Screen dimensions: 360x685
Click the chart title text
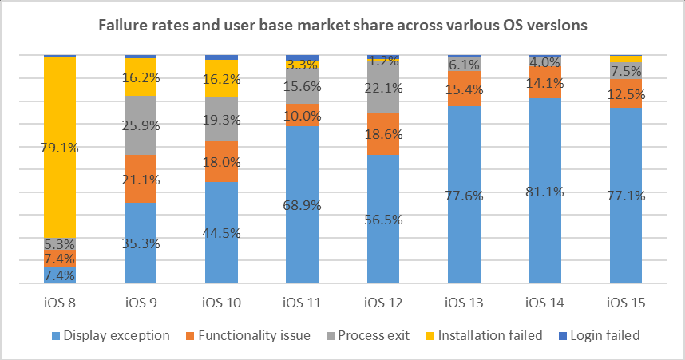(x=342, y=25)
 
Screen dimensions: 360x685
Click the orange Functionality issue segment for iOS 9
(x=141, y=178)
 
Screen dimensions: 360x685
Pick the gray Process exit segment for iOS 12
(x=382, y=88)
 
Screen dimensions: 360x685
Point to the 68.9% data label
(x=302, y=205)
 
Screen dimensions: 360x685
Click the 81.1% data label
(x=544, y=192)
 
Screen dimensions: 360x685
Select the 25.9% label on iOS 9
(x=141, y=125)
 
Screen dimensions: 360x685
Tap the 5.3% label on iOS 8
(x=60, y=243)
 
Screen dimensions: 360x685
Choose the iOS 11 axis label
(x=302, y=303)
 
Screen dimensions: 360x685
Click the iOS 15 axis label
(x=625, y=303)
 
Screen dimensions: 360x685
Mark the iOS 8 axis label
(x=60, y=303)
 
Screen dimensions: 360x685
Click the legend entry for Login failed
(x=604, y=335)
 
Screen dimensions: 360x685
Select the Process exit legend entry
(x=378, y=335)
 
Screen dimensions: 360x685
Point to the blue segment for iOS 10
(x=221, y=232)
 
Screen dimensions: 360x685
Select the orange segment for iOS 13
(x=463, y=89)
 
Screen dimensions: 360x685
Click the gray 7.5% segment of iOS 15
(x=625, y=70)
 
